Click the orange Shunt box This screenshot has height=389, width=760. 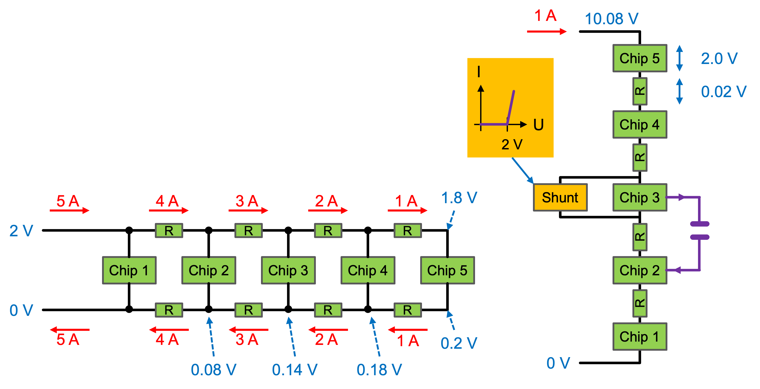[x=560, y=197]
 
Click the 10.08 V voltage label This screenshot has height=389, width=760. [x=611, y=19]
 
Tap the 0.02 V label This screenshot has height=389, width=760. [x=724, y=92]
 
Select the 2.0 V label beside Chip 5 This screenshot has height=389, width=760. [x=719, y=58]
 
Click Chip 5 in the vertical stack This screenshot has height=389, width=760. [x=640, y=58]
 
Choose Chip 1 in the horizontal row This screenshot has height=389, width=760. [x=129, y=270]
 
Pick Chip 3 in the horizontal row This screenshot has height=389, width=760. [x=288, y=270]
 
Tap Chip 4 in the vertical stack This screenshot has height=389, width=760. [x=640, y=124]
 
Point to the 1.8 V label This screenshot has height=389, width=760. [x=459, y=198]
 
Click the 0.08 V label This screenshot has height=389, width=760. [x=213, y=370]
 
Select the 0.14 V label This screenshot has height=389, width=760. [x=294, y=370]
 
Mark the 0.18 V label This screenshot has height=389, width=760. [x=379, y=370]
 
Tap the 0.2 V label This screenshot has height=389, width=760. [x=459, y=343]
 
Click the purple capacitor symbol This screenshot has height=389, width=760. [x=700, y=230]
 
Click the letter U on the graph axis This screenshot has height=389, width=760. [x=539, y=125]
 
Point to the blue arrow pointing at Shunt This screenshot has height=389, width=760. [x=522, y=171]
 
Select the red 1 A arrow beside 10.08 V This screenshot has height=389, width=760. [x=547, y=31]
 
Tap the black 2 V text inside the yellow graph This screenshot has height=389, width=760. [x=512, y=144]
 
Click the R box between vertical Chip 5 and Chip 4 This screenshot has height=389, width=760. [x=640, y=91]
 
